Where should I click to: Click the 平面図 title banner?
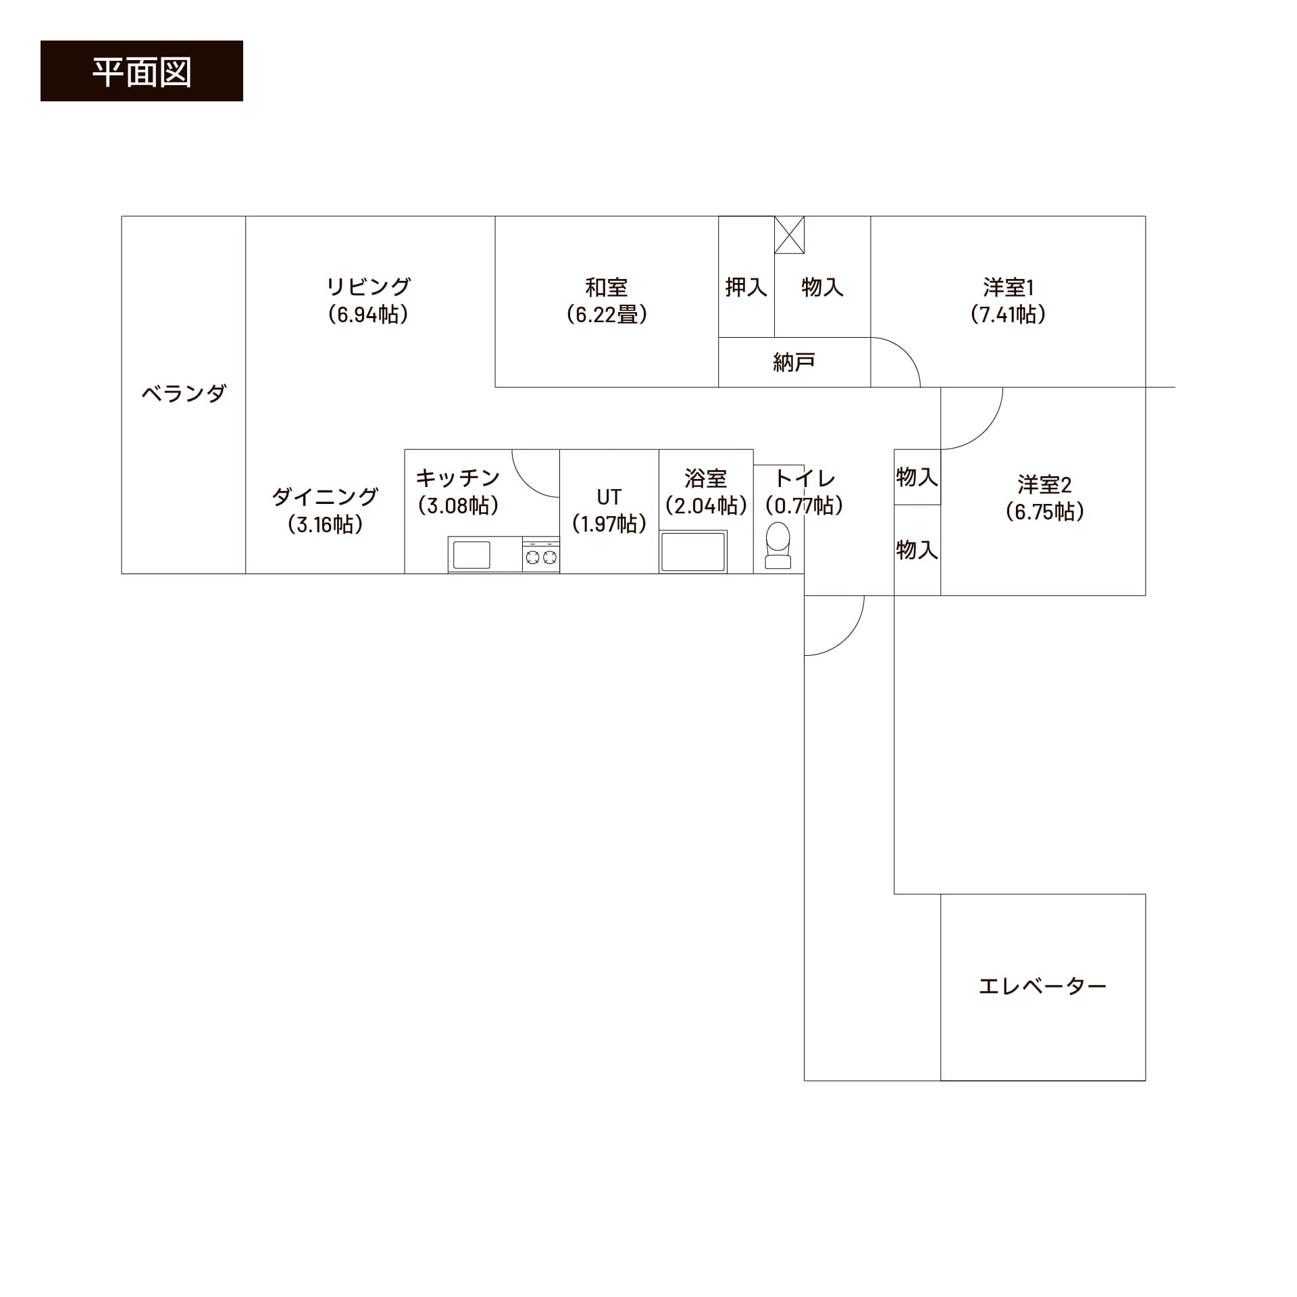point(142,71)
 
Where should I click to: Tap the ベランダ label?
point(183,393)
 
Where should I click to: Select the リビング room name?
point(369,287)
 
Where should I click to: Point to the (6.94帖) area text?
point(369,315)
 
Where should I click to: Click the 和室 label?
point(607,287)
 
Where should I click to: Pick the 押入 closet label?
point(746,287)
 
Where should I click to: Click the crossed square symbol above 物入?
point(789,235)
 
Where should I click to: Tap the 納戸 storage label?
point(794,363)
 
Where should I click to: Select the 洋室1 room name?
point(1009,287)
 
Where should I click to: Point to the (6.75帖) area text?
point(1044,512)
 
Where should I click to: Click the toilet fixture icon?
point(778,545)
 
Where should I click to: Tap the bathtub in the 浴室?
point(693,552)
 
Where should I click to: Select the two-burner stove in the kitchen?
point(541,555)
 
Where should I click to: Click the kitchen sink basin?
point(472,555)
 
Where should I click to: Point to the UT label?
point(609,497)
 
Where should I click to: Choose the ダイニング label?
point(325,497)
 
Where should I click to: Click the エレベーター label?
point(1043,986)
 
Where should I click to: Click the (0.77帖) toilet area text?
point(804,506)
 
